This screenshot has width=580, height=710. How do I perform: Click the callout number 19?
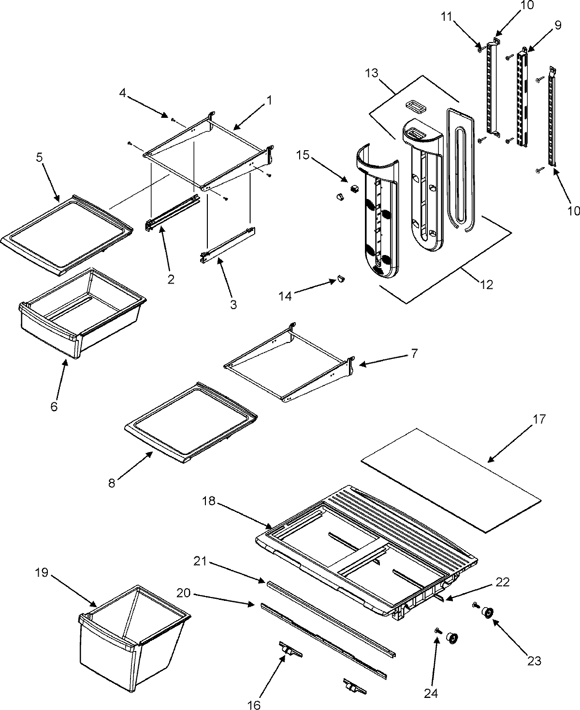pyautogui.click(x=41, y=573)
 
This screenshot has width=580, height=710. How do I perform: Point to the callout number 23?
pyautogui.click(x=534, y=661)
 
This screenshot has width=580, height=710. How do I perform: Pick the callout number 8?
pyautogui.click(x=112, y=483)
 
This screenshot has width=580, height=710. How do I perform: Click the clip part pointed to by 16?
pyautogui.click(x=290, y=653)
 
